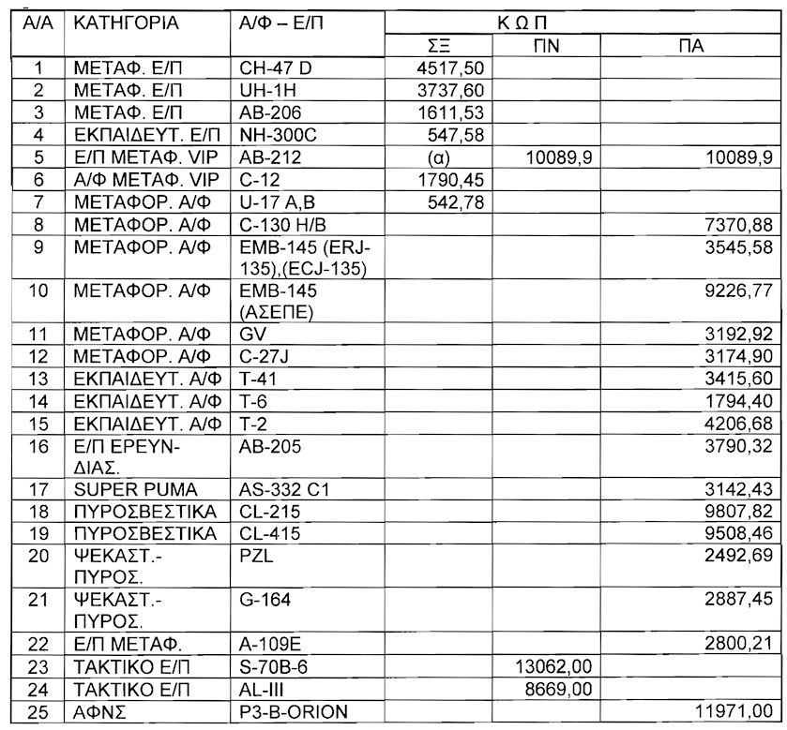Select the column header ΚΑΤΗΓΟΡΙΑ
(x=127, y=23)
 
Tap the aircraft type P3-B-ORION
(x=294, y=711)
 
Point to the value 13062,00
(x=555, y=666)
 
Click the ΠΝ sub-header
(x=547, y=45)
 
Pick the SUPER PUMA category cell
(x=136, y=488)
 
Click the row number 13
(x=38, y=378)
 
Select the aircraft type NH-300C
(x=278, y=135)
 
